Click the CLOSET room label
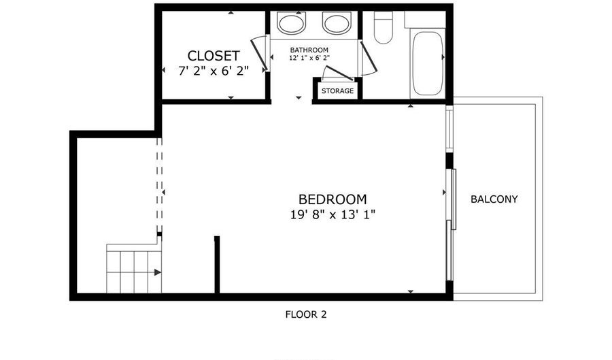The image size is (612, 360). coord(214,56)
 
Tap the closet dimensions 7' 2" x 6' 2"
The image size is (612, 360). coord(214,70)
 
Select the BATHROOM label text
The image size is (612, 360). coord(309,50)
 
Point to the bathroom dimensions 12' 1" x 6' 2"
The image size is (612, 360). coord(309,59)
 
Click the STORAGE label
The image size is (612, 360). coord(337,91)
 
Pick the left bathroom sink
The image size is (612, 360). coord(292,24)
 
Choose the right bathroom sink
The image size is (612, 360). coord(336,24)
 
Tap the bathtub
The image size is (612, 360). coord(428,63)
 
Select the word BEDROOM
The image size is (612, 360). coord(333,199)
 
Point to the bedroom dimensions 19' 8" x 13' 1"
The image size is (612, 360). coord(333,214)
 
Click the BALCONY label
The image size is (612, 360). coord(494,199)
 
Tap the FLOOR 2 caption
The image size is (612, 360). coord(305,314)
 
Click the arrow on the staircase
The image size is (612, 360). coord(157,272)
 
